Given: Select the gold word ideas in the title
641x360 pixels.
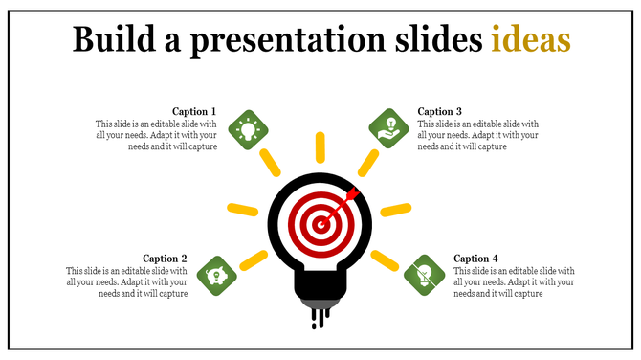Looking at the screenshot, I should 530,40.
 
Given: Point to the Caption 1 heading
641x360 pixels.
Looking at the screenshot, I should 194,111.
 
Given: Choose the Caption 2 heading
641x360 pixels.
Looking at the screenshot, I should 165,259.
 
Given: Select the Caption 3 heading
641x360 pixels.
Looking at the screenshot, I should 440,111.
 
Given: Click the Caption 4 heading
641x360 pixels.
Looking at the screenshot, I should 475,259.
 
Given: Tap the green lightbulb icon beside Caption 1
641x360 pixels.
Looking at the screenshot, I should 249,127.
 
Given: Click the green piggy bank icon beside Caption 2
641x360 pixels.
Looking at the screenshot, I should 216,276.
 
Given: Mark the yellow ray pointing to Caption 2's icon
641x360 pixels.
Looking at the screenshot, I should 254,258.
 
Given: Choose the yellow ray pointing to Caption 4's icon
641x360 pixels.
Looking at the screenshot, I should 385,259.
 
